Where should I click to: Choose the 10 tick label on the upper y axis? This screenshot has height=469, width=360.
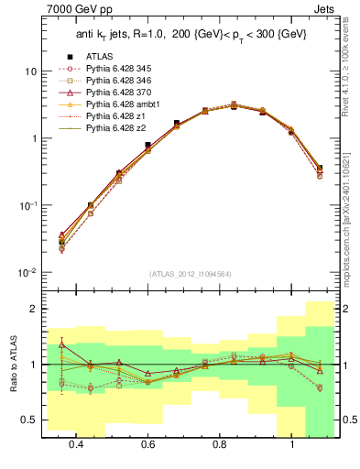(29, 71)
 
